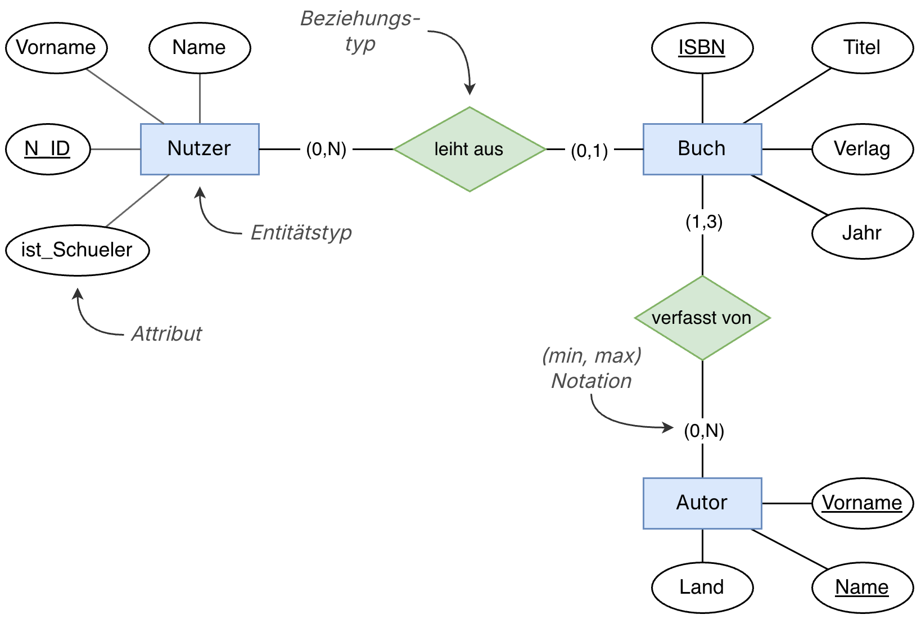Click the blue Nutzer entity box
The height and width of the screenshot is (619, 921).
tap(200, 149)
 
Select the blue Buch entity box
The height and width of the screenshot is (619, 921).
tap(702, 149)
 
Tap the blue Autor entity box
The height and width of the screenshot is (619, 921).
tap(702, 503)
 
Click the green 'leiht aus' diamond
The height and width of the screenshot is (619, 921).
tap(469, 149)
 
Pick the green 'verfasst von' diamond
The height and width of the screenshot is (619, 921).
tap(702, 318)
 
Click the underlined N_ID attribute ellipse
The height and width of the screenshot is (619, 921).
tap(48, 149)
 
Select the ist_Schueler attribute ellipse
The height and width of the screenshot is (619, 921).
tap(77, 250)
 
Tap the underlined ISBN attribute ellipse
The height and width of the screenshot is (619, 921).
tap(702, 48)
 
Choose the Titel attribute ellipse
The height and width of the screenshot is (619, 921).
tap(861, 48)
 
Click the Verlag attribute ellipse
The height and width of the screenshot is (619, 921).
tap(861, 149)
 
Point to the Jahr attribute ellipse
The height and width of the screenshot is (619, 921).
tap(861, 233)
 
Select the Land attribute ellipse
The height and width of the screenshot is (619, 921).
tap(702, 588)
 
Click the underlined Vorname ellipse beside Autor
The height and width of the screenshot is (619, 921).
tap(861, 503)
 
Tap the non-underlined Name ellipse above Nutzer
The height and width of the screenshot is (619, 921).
tap(199, 48)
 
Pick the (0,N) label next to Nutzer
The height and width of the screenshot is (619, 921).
tap(326, 149)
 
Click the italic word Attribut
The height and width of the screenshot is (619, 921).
tap(166, 334)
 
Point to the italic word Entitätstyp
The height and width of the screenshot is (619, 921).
tap(301, 233)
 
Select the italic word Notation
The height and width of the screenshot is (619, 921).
tap(591, 381)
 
